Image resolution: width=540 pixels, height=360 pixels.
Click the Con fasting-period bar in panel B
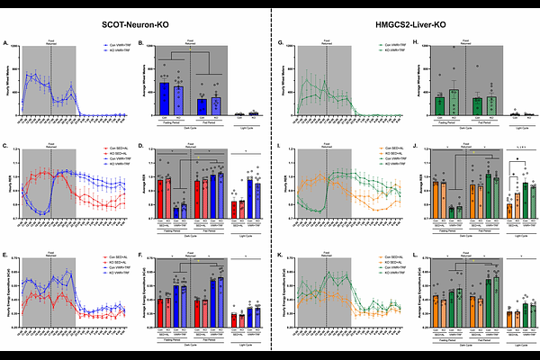165,98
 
